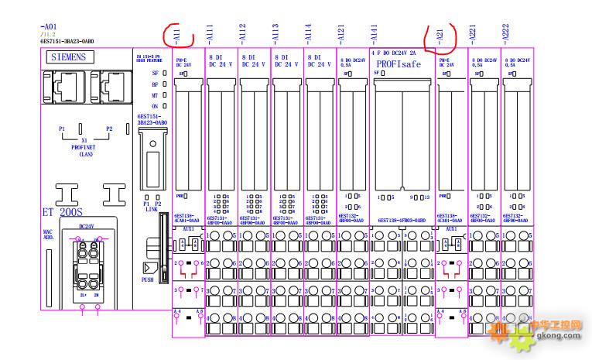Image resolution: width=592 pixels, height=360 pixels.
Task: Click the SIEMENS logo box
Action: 68,57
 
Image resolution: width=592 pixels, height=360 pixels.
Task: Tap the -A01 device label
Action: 47,26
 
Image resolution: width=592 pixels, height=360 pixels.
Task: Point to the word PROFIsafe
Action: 399,64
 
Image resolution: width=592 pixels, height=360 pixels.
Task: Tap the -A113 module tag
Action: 275,33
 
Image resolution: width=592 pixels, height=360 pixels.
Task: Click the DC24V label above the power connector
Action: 91,225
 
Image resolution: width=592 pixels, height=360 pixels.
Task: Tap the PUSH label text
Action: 148,281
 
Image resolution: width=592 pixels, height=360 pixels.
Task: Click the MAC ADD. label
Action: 47,235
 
